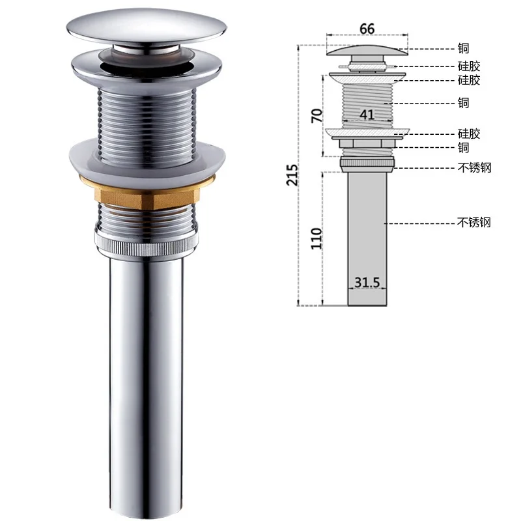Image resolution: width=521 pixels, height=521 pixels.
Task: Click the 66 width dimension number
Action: pyautogui.click(x=367, y=29)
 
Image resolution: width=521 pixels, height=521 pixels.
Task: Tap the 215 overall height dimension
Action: pyautogui.click(x=292, y=175)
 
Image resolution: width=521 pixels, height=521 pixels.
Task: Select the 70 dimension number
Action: pyautogui.click(x=317, y=115)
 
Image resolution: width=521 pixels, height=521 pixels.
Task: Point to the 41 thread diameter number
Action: pyautogui.click(x=367, y=115)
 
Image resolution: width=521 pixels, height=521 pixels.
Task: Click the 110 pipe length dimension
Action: pyautogui.click(x=317, y=238)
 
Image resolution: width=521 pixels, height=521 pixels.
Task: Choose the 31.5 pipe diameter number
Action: pyautogui.click(x=367, y=283)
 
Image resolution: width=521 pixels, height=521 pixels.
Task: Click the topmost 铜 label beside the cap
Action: pyautogui.click(x=463, y=48)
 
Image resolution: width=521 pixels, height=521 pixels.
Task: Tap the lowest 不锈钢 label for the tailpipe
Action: pyautogui.click(x=474, y=222)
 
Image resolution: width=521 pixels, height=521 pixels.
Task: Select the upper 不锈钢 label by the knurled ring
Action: pyautogui.click(x=474, y=167)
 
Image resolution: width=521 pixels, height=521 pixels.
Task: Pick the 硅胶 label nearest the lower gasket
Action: pyautogui.click(x=469, y=134)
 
